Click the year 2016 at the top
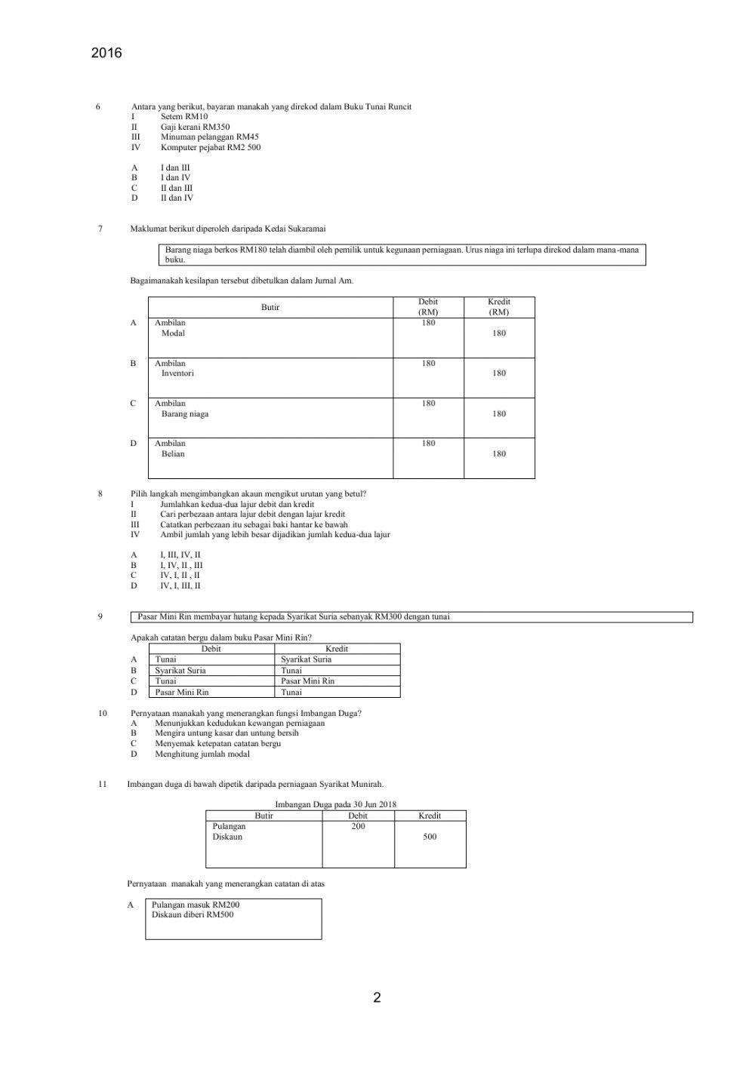(x=106, y=54)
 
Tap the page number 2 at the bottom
(x=377, y=997)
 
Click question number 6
(x=98, y=107)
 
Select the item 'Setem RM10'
(x=183, y=117)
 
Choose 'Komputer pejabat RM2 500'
(x=210, y=147)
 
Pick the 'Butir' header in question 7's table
(x=270, y=307)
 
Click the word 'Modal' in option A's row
(x=173, y=333)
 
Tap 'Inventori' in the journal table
(x=177, y=373)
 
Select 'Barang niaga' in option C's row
(x=185, y=413)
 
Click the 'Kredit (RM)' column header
(x=498, y=307)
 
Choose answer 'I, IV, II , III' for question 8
(x=181, y=565)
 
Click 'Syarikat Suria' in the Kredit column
(x=306, y=659)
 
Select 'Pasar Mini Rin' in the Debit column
(x=182, y=692)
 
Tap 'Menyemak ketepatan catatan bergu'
(x=217, y=743)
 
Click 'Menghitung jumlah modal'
(x=202, y=754)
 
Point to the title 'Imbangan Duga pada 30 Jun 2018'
(x=335, y=804)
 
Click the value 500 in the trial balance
(x=430, y=837)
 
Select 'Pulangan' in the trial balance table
(x=229, y=826)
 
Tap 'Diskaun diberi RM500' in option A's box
(x=193, y=915)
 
